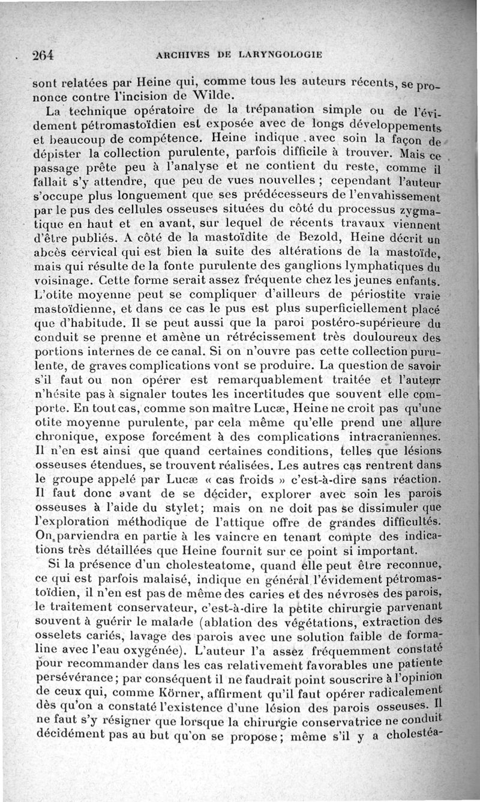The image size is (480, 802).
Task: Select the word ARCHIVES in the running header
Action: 182,55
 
